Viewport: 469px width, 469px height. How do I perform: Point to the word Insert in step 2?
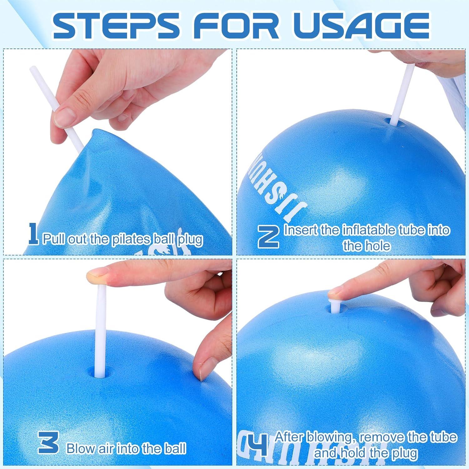[301, 230]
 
